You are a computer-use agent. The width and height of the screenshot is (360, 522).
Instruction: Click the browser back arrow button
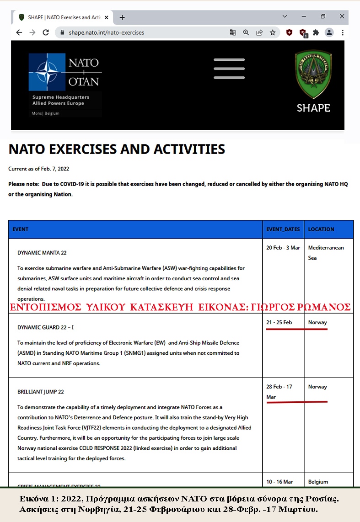[x=19, y=32]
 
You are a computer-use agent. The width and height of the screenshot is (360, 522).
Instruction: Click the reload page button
[x=46, y=32]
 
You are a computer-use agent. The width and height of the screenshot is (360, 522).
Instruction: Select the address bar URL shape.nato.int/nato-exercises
[x=106, y=32]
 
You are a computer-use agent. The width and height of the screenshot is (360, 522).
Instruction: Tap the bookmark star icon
[x=273, y=32]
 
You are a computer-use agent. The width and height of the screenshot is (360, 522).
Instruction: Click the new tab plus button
[x=122, y=17]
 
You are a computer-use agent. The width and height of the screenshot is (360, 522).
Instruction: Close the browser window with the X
[x=342, y=16]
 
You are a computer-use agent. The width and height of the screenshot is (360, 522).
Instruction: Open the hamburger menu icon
[x=229, y=69]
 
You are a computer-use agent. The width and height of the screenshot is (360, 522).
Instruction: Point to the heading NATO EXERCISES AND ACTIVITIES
[x=117, y=149]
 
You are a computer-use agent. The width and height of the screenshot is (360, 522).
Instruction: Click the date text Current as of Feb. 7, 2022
[x=39, y=169]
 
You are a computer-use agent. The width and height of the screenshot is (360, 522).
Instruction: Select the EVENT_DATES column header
[x=283, y=229]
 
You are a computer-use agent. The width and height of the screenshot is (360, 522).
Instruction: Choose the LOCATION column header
[x=321, y=229]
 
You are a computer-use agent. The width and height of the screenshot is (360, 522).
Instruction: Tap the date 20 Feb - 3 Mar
[x=283, y=248]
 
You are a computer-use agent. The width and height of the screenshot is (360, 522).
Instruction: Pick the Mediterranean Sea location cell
[x=326, y=252]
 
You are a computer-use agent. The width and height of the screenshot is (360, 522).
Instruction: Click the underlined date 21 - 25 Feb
[x=279, y=322]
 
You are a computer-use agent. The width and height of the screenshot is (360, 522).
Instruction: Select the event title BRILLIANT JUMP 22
[x=41, y=392]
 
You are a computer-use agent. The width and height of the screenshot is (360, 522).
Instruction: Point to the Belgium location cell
[x=318, y=482]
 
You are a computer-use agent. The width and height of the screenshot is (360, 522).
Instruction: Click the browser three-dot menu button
[x=343, y=32]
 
